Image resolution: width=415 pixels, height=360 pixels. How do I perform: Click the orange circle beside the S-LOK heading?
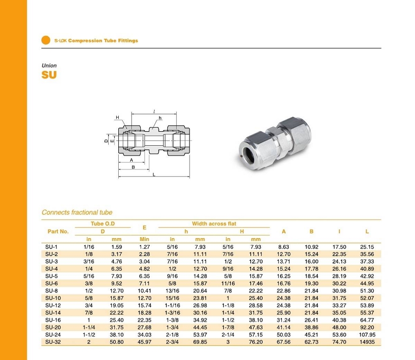(46, 40)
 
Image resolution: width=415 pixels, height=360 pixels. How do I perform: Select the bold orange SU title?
(49, 75)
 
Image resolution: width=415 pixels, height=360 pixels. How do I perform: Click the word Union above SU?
(49, 66)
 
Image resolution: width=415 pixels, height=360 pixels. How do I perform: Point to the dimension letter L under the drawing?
(154, 175)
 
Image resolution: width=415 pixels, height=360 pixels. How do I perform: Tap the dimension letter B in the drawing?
(133, 167)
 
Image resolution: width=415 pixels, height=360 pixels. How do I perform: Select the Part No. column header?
(58, 231)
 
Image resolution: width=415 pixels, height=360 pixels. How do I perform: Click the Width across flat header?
(214, 224)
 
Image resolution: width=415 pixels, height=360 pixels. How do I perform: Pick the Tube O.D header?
(103, 224)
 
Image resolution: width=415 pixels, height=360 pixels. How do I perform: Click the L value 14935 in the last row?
(367, 341)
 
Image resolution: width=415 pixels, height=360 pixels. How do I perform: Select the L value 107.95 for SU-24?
(367, 335)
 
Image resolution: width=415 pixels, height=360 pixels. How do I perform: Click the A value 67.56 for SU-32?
(283, 341)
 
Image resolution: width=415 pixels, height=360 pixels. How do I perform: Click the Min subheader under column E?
(144, 239)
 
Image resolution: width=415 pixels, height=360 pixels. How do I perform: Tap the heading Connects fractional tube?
(77, 212)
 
